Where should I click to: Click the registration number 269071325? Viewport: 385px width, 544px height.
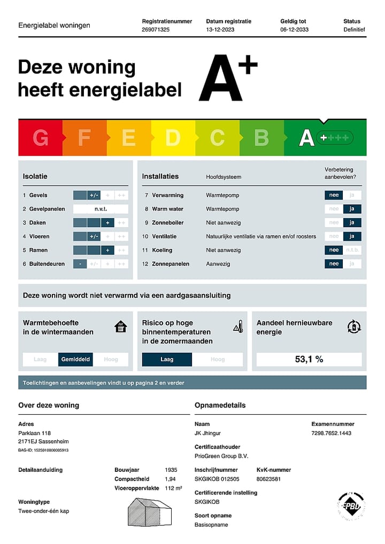156,30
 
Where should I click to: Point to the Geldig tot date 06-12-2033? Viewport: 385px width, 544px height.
294,30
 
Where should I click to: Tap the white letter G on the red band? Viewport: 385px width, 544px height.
40,138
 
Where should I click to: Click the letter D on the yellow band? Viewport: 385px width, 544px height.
172,138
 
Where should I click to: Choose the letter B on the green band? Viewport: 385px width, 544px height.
261,138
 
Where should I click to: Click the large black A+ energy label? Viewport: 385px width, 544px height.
227,78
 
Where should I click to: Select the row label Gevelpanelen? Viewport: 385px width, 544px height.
47,209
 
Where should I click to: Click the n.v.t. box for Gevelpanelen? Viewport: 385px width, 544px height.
101,209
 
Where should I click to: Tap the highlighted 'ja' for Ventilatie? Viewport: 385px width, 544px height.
352,236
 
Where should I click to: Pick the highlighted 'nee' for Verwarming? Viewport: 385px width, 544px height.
334,195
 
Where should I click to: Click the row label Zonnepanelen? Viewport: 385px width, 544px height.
171,264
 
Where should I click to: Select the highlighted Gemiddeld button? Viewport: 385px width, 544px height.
75,360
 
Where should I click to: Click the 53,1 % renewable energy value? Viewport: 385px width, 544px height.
309,360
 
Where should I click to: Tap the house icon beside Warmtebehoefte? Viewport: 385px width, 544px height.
121,327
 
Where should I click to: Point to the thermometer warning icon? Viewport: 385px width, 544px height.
238,327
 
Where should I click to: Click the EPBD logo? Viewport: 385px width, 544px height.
351,505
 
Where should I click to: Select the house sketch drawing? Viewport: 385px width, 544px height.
149,512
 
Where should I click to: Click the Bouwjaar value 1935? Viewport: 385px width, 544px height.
171,470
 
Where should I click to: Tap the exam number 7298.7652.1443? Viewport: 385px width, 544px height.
331,433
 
